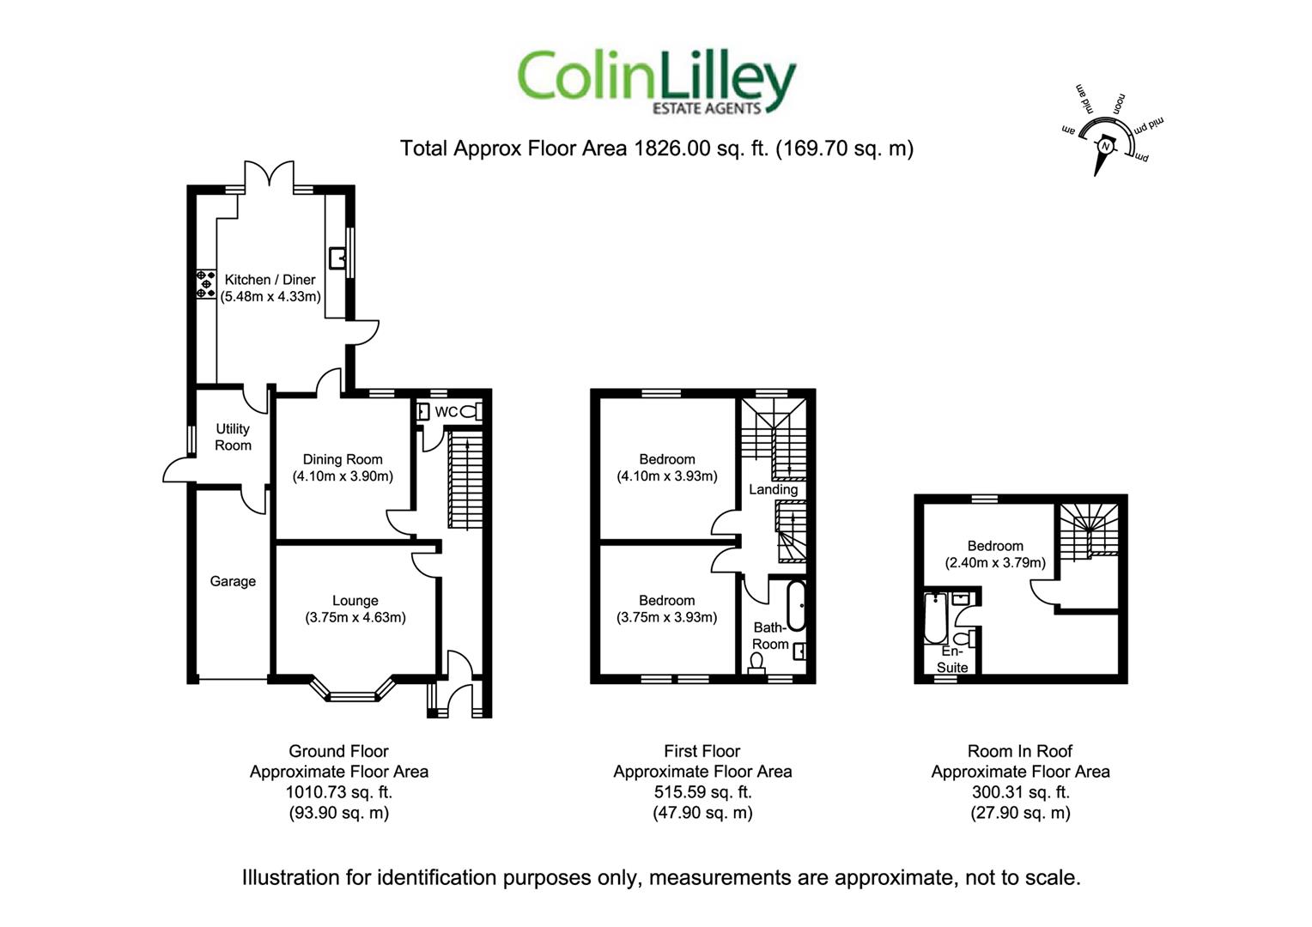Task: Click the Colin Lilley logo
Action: pos(657,82)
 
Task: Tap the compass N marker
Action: pos(1105,146)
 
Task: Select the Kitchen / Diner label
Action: pos(270,280)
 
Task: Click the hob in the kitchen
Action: pos(206,284)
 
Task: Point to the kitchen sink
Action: pos(337,257)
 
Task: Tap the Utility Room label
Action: pos(233,437)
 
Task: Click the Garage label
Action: pos(233,581)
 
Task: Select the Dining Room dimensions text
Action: pos(343,476)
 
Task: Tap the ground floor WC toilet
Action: pos(471,412)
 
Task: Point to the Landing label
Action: pos(773,489)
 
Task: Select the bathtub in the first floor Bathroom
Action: pos(796,605)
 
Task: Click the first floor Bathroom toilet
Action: pos(756,663)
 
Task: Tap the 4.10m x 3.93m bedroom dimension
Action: pos(667,476)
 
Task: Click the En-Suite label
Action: pos(952,659)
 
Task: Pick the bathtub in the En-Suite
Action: pos(935,618)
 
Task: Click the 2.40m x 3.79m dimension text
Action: pos(995,563)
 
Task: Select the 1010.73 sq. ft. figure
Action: pos(339,792)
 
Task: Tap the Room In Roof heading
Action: pos(1020,751)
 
